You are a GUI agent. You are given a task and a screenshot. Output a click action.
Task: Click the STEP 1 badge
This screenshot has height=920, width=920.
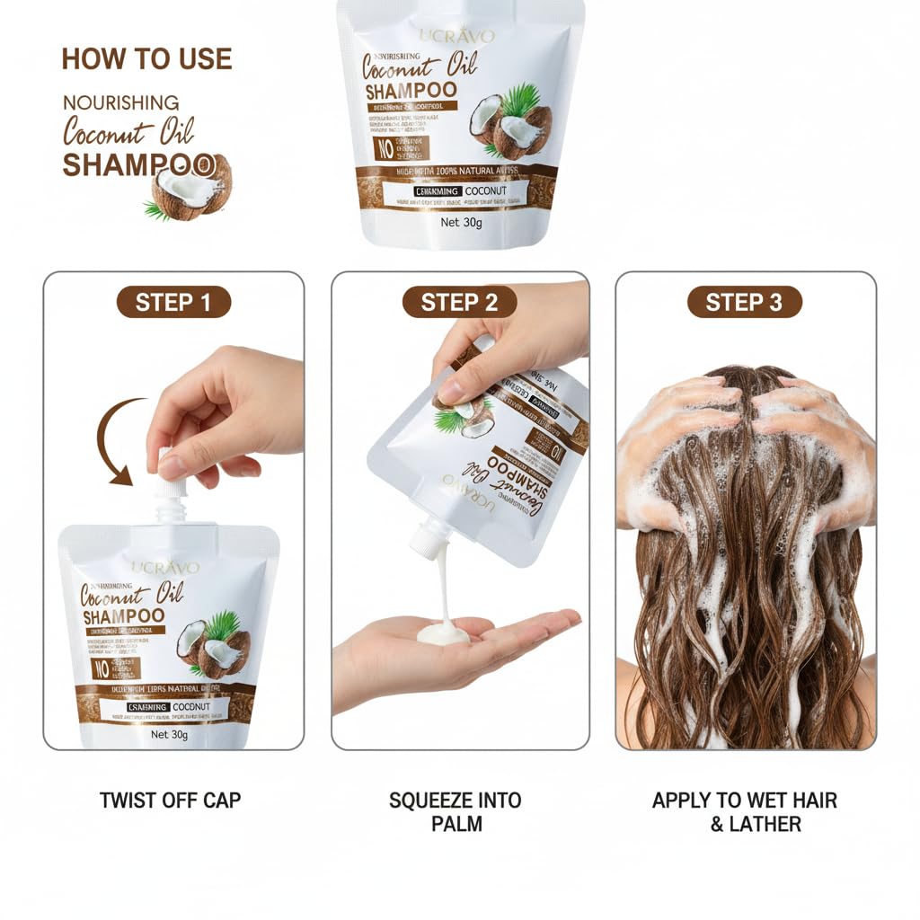pyautogui.click(x=173, y=303)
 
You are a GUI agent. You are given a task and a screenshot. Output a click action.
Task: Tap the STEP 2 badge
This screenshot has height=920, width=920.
pyautogui.click(x=459, y=303)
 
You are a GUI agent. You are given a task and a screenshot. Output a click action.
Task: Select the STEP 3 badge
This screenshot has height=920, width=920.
pyautogui.click(x=744, y=303)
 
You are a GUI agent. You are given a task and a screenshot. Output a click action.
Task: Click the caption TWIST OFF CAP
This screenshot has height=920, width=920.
pyautogui.click(x=171, y=800)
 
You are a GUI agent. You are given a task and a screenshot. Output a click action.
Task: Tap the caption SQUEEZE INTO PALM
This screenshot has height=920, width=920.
pyautogui.click(x=456, y=810)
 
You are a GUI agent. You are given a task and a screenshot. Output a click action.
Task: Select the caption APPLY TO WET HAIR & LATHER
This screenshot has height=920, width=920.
pyautogui.click(x=744, y=810)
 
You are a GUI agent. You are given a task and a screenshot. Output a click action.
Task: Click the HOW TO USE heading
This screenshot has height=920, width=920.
pyautogui.click(x=146, y=59)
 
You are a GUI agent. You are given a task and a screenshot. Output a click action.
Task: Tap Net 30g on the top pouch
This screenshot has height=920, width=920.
pyautogui.click(x=460, y=223)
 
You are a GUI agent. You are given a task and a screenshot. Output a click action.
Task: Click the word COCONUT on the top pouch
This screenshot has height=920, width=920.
pyautogui.click(x=486, y=191)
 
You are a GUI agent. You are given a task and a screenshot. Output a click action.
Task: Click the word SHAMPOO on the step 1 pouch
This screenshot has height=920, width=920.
pyautogui.click(x=123, y=616)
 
